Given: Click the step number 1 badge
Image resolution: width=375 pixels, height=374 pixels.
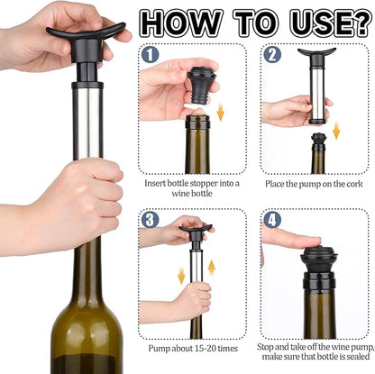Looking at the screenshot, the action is click(150, 55).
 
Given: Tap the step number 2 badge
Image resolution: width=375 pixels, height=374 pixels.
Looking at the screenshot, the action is click(272, 55).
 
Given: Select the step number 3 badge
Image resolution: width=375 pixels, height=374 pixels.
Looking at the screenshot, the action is click(150, 220).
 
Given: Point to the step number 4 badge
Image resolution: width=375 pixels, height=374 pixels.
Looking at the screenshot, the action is click(272, 220).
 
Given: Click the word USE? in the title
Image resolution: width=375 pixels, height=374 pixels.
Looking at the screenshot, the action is click(330, 23).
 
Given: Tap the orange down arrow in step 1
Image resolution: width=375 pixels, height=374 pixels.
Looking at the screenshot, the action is click(221, 112).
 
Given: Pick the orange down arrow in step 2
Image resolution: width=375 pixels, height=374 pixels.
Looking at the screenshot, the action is click(336, 130).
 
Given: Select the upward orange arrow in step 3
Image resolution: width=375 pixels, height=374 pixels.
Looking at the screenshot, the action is click(212, 268).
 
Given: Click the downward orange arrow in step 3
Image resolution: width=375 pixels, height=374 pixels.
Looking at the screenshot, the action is click(181, 276).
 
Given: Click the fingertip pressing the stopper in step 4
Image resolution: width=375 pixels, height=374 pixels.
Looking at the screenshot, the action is click(313, 241).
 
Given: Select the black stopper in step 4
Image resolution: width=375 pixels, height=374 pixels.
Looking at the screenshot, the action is click(319, 261).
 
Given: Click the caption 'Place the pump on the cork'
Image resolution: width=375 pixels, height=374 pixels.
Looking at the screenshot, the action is click(314, 184).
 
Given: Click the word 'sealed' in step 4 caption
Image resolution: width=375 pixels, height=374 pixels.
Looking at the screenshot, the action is click(358, 357).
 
